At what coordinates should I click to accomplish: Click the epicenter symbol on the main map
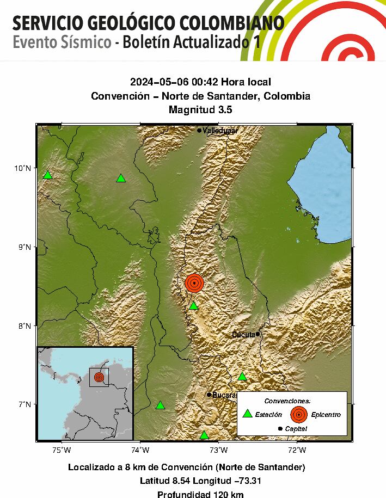(194, 283)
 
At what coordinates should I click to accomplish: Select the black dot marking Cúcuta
(258, 334)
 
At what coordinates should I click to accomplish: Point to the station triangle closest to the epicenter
(193, 306)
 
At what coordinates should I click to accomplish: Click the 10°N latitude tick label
(22, 168)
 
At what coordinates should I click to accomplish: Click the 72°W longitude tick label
(297, 450)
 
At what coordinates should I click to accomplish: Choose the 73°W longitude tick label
(218, 450)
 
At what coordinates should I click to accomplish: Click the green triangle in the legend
(248, 414)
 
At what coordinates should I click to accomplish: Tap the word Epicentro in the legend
(326, 415)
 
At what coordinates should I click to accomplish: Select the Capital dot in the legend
(280, 429)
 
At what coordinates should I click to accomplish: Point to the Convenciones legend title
(291, 401)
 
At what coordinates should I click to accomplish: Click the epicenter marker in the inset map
(99, 377)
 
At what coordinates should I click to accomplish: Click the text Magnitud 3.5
(200, 109)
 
